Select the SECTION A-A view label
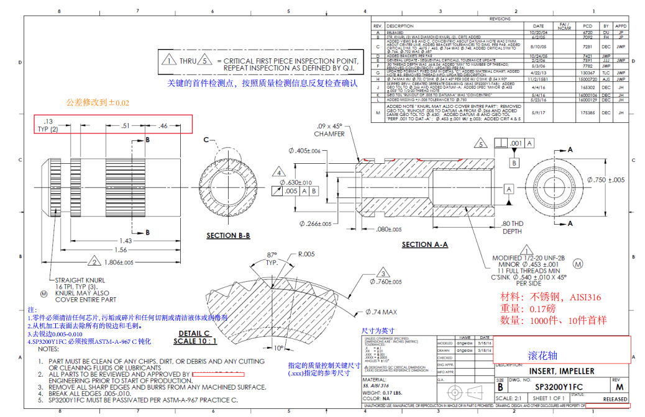pos(424,244)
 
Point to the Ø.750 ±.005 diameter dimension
pos(608,180)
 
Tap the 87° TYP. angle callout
pos(272,258)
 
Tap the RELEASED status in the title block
pos(615,399)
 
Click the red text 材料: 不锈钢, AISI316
pos(551,297)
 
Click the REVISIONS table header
pos(500,19)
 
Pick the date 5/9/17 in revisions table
pos(538,113)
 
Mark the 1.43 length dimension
pos(126,240)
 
